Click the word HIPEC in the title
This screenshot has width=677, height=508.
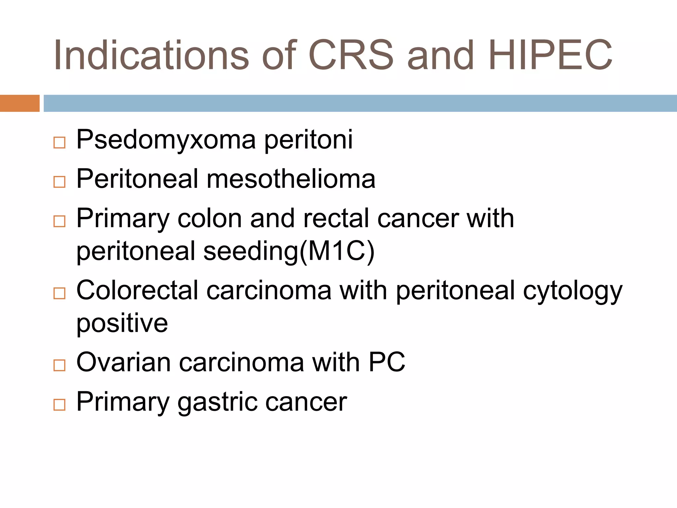pos(550,55)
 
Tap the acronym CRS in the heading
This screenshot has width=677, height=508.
pos(351,55)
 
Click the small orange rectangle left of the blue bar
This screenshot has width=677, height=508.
pos(20,103)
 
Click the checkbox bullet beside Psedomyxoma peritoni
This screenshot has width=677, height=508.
pos(60,143)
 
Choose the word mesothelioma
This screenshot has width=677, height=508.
pos(291,179)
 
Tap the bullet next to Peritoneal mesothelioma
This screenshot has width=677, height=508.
pos(60,182)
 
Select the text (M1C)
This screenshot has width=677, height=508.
pos(337,251)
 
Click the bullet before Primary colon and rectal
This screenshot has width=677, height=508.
pos(60,221)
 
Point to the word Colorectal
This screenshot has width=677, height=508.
pos(137,290)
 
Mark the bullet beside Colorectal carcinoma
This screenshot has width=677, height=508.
pos(60,293)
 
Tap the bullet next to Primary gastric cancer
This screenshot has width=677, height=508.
pos(60,404)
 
